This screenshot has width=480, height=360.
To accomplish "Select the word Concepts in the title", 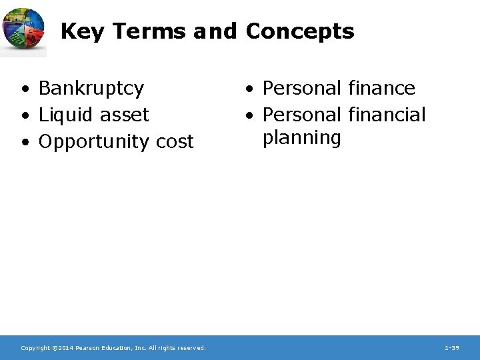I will tap(300, 31).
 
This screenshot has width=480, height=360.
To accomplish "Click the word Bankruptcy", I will tap(91, 89).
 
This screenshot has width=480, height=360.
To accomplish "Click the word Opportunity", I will tap(95, 142).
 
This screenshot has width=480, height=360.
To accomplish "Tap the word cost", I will tap(175, 142).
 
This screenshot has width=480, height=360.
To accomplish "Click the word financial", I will tap(387, 115).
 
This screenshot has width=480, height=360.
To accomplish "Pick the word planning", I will tap(302, 139).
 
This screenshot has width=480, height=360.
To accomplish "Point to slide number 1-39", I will tap(451, 348).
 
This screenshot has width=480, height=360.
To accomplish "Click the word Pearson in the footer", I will tap(89, 348).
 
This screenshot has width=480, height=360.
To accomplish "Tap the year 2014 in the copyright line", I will tap(65, 348).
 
